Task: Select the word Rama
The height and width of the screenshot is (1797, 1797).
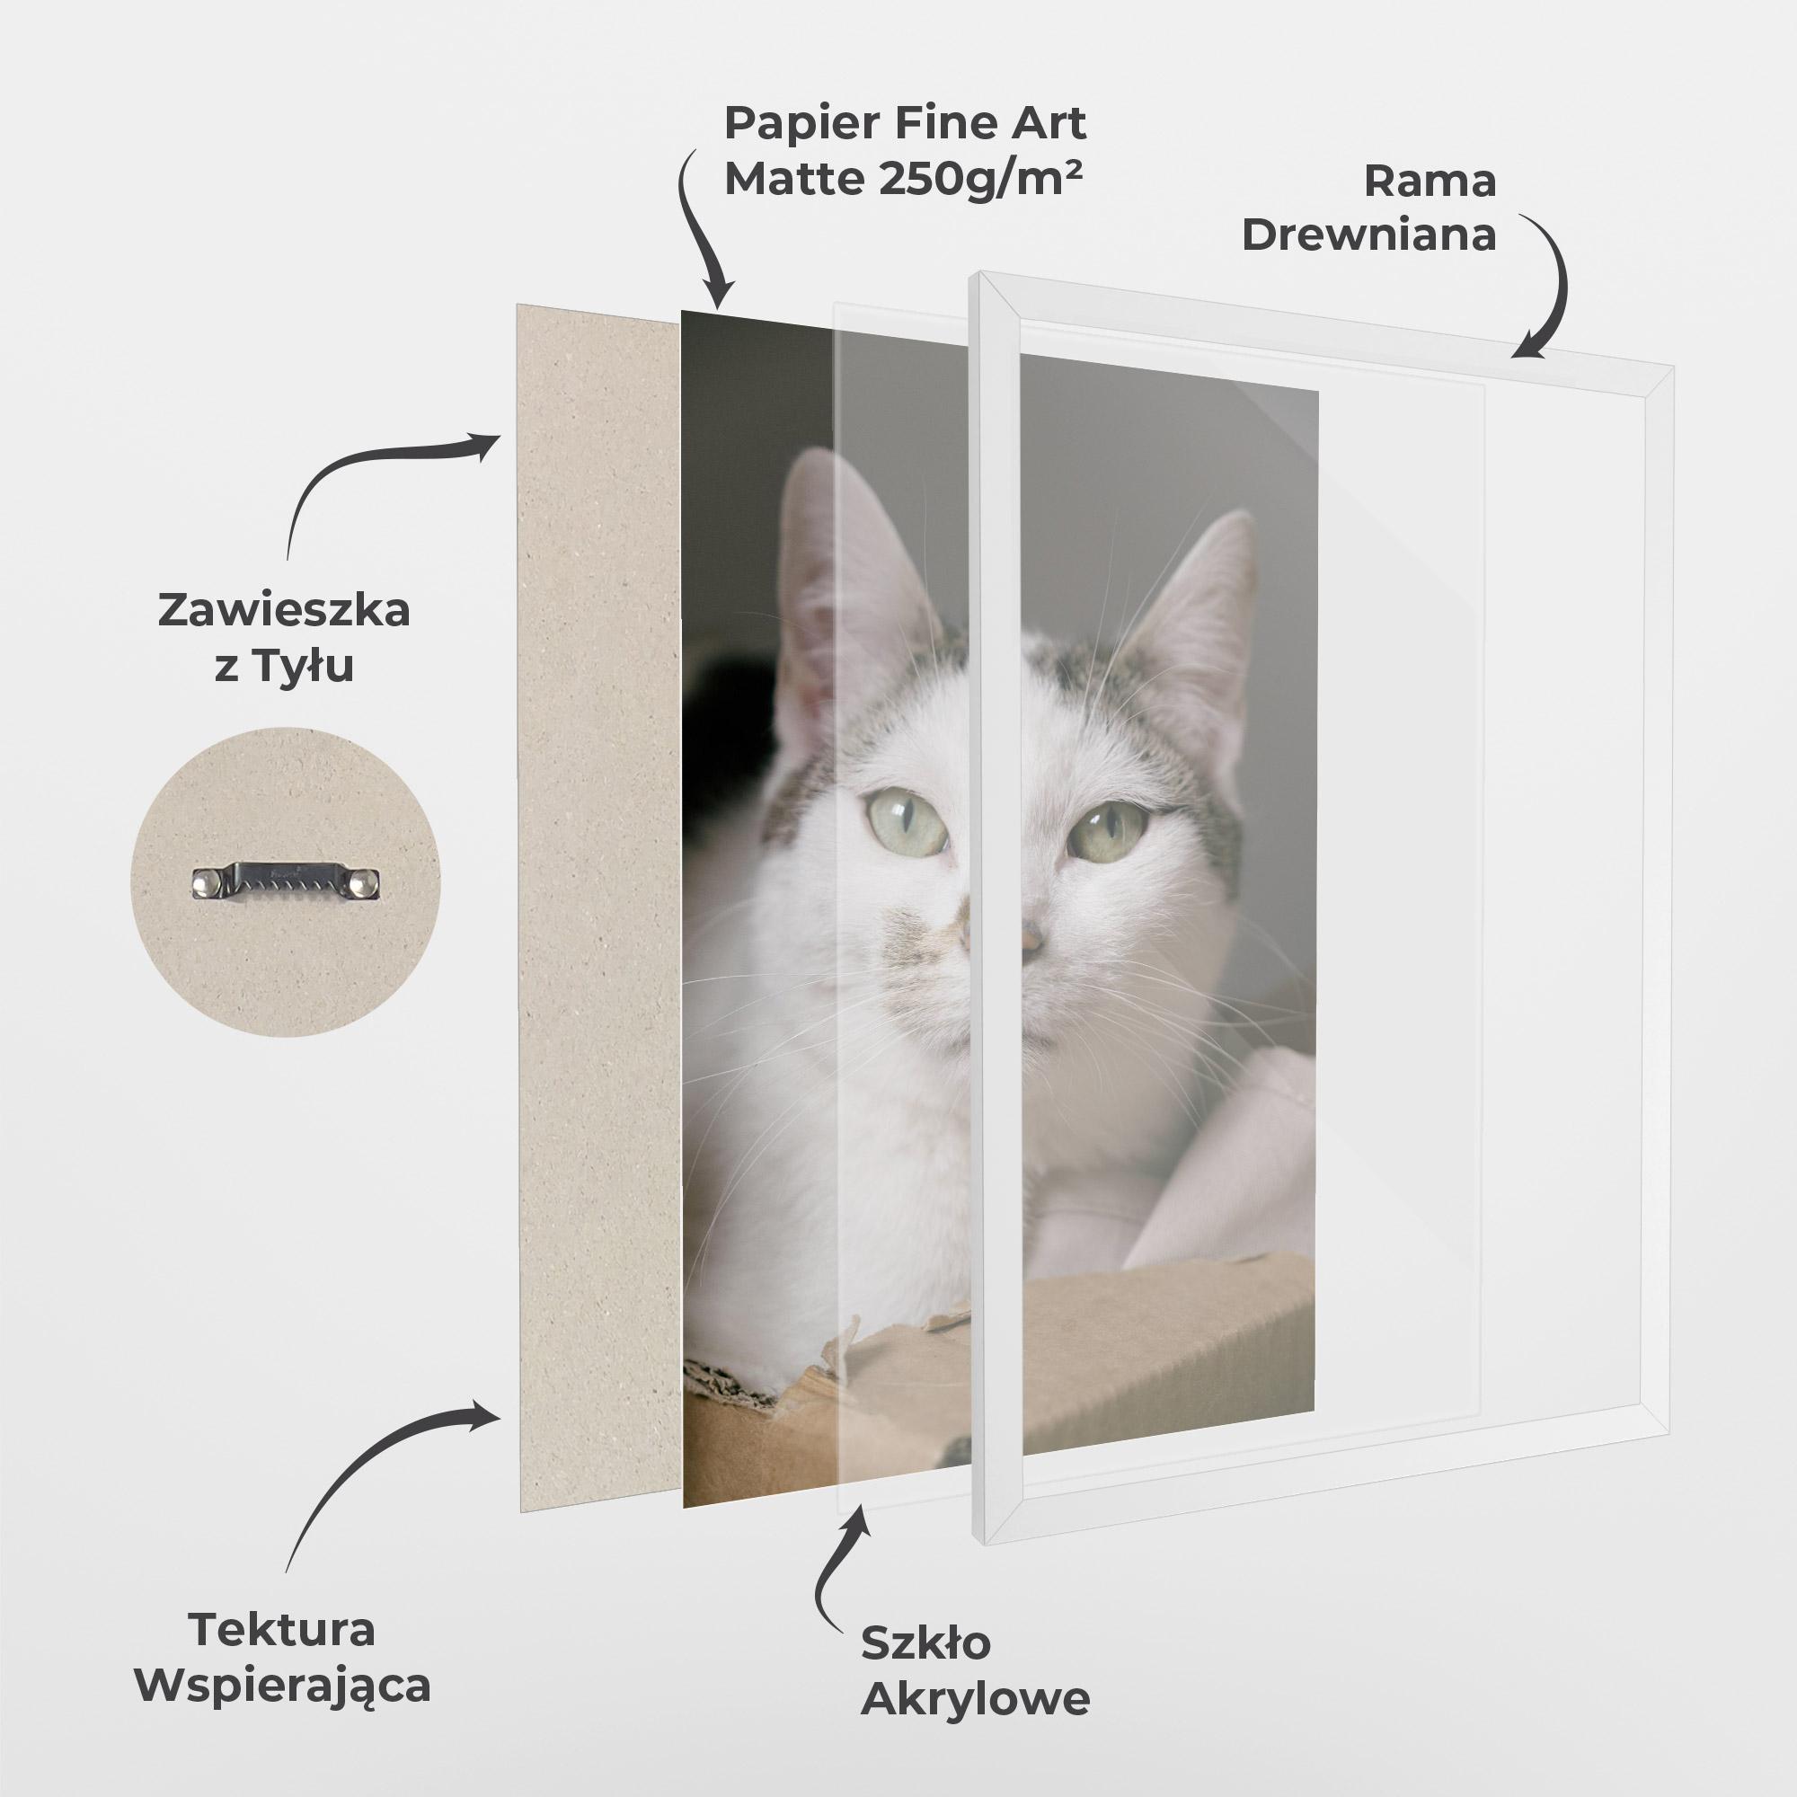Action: click(x=1430, y=181)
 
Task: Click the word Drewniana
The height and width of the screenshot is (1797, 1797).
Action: click(x=1368, y=236)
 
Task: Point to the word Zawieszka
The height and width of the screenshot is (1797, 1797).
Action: click(x=284, y=612)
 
